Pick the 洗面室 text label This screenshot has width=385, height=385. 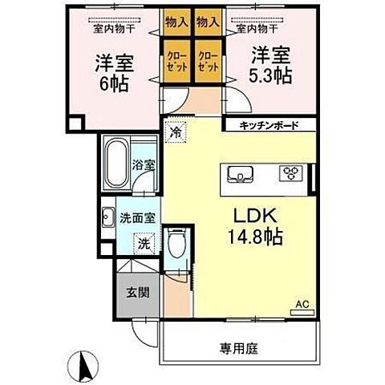[x=139, y=217]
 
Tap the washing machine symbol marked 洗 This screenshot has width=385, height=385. [x=141, y=242]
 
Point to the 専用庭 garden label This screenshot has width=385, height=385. [x=241, y=349]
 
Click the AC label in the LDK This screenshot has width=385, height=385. [x=302, y=305]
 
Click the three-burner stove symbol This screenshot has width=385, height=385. [x=289, y=173]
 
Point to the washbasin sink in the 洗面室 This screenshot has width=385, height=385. [x=109, y=217]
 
